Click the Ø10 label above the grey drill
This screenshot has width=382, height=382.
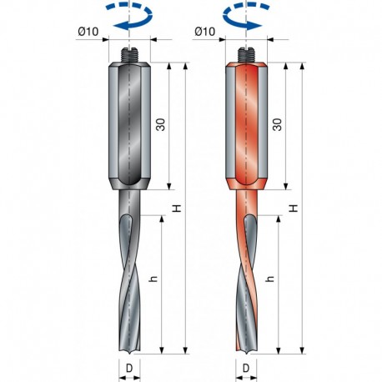coord(88,32)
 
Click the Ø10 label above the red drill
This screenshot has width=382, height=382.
coord(205,32)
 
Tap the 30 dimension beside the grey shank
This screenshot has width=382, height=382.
coord(160,124)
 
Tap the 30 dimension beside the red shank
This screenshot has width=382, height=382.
coord(277,124)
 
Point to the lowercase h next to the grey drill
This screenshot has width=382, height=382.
coord(153,279)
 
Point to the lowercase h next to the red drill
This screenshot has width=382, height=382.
coord(270,279)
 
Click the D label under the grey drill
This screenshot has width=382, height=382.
coord(129,368)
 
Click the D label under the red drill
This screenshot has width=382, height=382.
coord(246,368)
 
